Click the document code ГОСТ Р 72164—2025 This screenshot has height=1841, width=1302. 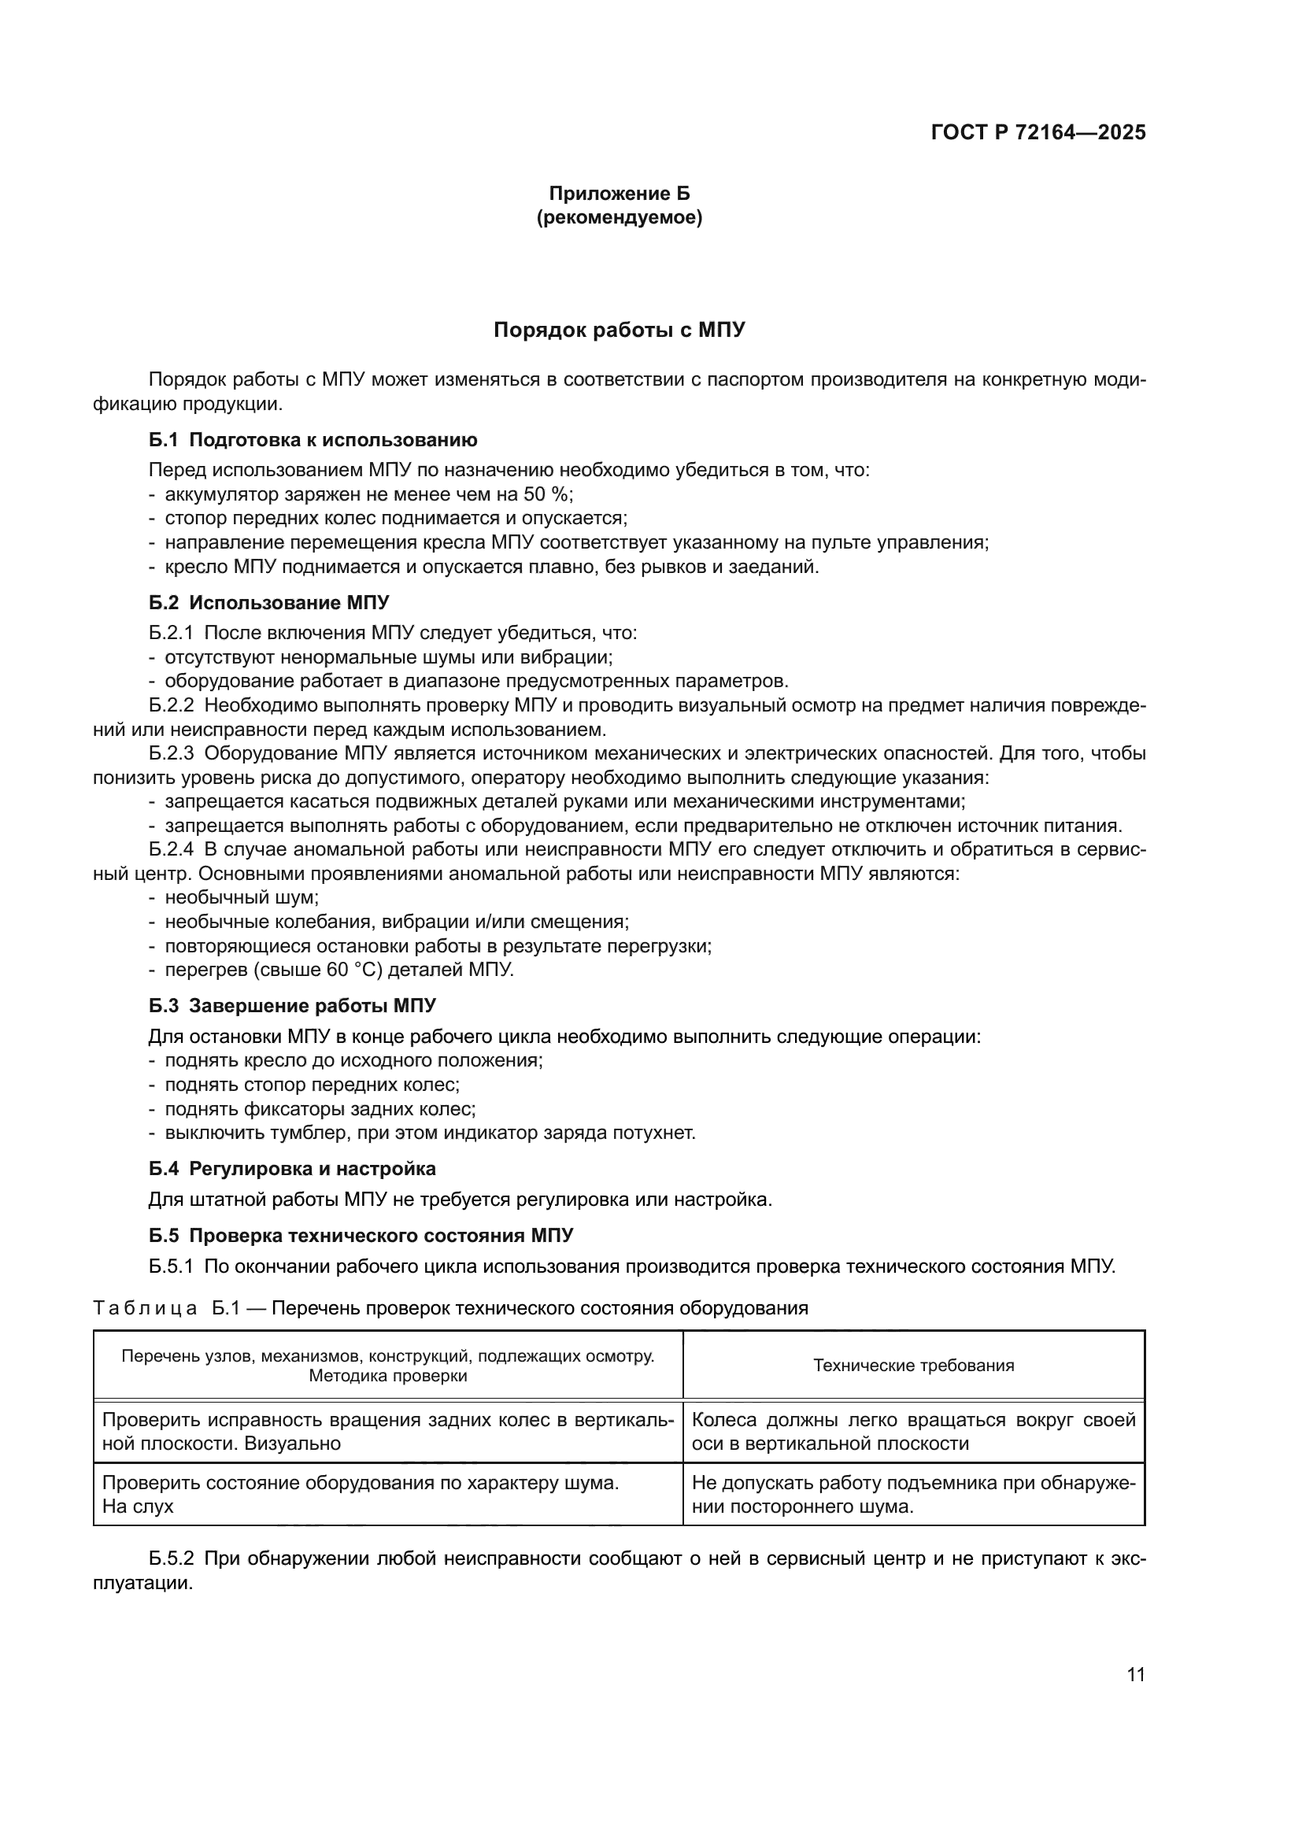pos(1038,133)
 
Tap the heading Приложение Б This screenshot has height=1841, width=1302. pos(619,194)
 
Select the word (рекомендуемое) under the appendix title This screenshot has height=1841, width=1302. pos(619,217)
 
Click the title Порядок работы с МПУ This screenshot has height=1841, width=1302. pos(619,330)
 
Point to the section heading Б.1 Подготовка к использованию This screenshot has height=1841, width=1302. pos(313,439)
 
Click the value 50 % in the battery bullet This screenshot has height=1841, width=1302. pos(547,494)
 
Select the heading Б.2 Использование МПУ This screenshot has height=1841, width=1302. pos(269,602)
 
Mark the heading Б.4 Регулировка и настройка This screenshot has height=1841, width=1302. pos(292,1168)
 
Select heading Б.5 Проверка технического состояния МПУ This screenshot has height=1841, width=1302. pos(361,1236)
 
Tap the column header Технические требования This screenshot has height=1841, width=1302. pos(913,1366)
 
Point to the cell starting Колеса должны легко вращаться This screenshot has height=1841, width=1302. pos(913,1431)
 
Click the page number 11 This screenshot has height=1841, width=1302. pos(1135,1675)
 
